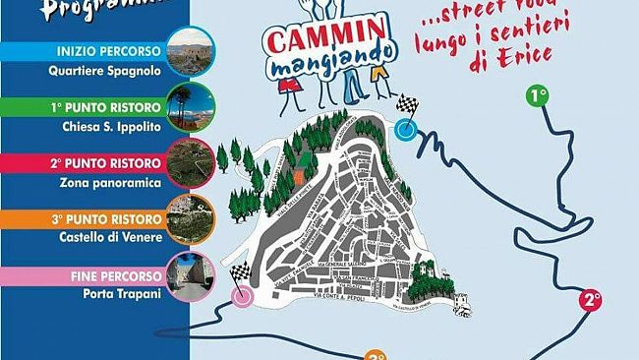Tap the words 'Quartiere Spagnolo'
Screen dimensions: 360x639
(103, 70)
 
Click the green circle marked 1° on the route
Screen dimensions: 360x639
(538, 95)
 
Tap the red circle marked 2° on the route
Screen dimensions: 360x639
(590, 300)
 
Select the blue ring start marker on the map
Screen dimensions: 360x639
(405, 130)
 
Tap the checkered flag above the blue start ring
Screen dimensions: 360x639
(406, 105)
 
